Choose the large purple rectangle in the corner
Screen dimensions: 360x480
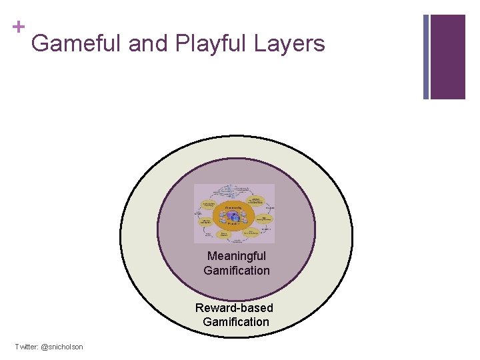(x=447, y=57)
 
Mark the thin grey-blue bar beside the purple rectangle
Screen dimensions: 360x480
(x=426, y=57)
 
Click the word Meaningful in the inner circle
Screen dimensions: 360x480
(x=237, y=256)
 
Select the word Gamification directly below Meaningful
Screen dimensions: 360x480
(x=237, y=271)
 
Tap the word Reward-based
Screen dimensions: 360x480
(x=234, y=307)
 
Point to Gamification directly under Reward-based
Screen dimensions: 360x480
(x=236, y=322)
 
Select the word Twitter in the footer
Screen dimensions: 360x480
(x=27, y=347)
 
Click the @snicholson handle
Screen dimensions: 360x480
(x=63, y=347)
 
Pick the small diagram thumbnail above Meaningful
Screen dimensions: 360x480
(x=234, y=213)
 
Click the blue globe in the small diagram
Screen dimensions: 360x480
(x=234, y=217)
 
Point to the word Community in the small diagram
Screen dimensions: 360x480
(x=233, y=207)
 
